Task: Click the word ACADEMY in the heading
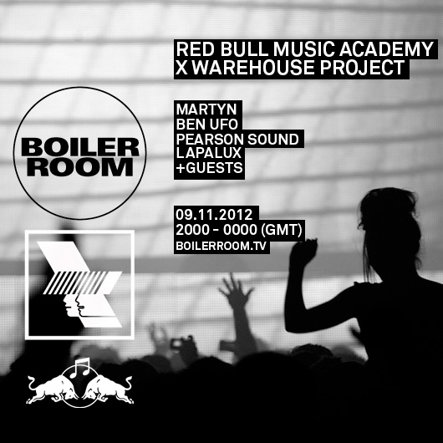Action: (x=386, y=49)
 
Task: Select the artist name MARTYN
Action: (x=206, y=109)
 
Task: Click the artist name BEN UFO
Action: (x=207, y=125)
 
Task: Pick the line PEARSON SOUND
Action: (x=237, y=140)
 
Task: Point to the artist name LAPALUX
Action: (x=209, y=153)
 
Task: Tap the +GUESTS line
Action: (x=209, y=168)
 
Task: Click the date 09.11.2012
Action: (x=214, y=215)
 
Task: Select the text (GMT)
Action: (x=282, y=230)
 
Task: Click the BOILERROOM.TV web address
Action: (x=221, y=246)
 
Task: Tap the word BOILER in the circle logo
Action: (x=80, y=147)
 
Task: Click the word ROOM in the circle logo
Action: (x=80, y=167)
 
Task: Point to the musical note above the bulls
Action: (x=80, y=367)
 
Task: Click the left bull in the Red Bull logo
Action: (x=53, y=390)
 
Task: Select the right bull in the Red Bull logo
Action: (x=107, y=390)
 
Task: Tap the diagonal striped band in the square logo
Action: (x=75, y=283)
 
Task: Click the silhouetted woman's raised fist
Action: (x=303, y=252)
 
